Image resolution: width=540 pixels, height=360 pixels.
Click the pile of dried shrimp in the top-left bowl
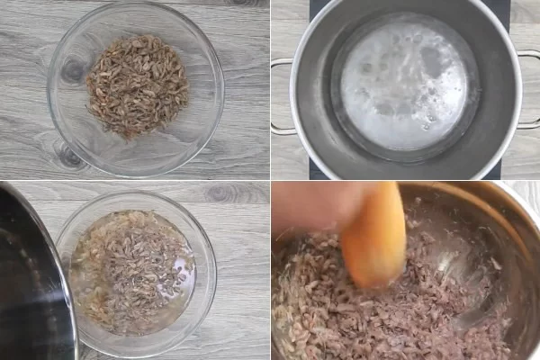click(x=137, y=85)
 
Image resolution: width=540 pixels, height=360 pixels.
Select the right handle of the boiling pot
click(x=529, y=90)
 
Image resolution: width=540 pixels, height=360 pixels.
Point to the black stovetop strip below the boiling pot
click(x=405, y=171)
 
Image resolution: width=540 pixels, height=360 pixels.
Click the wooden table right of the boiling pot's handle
click(x=531, y=144)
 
